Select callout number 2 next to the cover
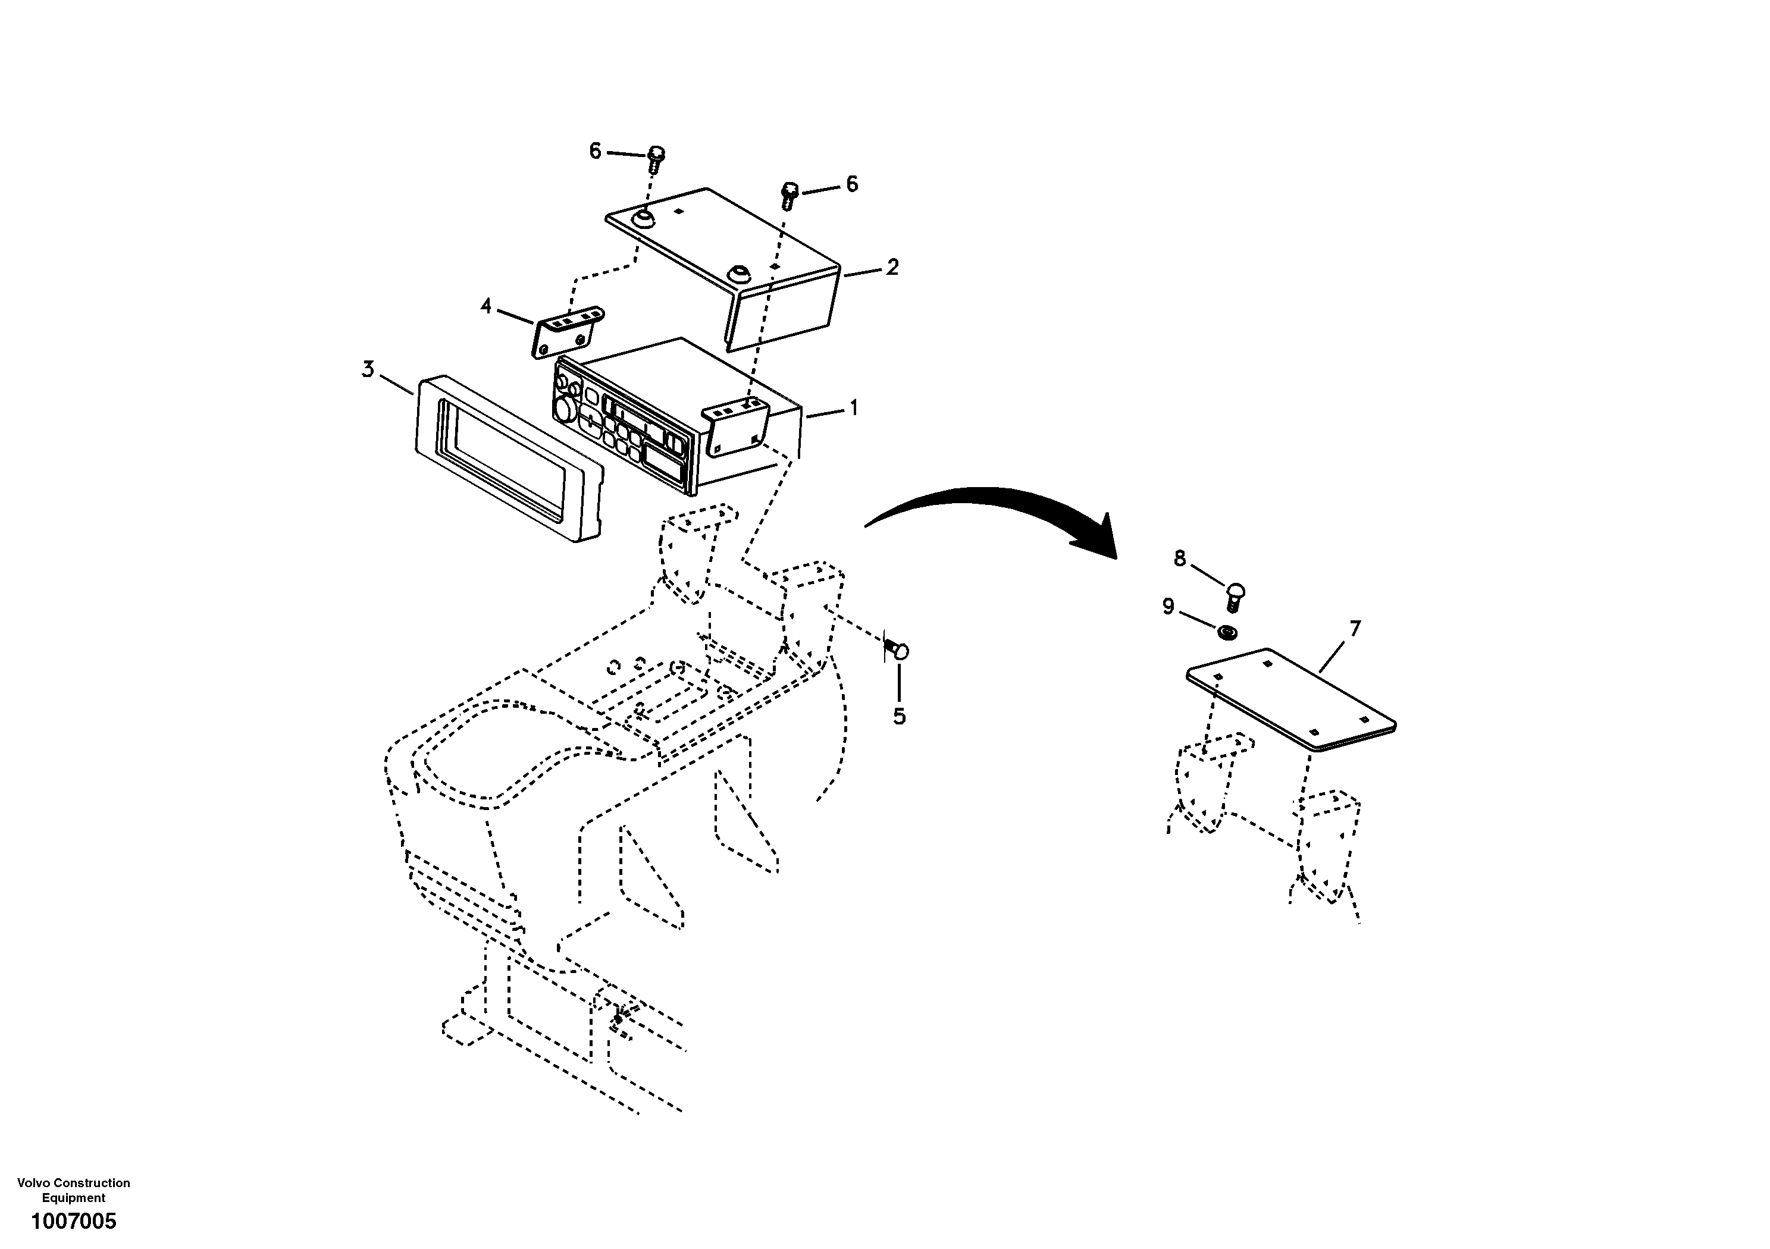[892, 268]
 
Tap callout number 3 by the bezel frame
[368, 370]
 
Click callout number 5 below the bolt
[899, 717]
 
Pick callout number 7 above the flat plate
[1355, 629]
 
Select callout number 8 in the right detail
[1179, 558]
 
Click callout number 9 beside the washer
[1168, 607]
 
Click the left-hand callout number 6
[594, 151]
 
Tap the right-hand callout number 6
[852, 184]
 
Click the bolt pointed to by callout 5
[897, 650]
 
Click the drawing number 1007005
[73, 1220]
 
